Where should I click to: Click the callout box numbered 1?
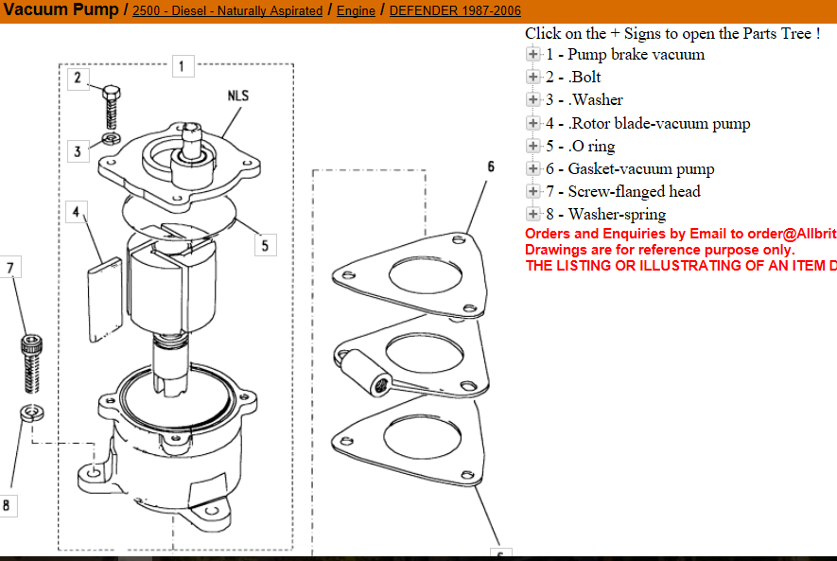point(183,66)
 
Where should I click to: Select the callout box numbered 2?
point(79,78)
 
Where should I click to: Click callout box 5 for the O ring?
point(265,245)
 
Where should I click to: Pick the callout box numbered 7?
point(10,269)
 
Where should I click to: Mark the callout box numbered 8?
point(8,506)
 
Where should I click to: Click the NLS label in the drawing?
point(238,96)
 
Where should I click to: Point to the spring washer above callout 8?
point(30,413)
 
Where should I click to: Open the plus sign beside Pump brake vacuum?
point(533,55)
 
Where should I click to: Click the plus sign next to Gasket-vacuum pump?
point(533,169)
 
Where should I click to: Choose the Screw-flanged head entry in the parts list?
point(634,192)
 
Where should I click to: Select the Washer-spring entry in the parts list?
point(617,215)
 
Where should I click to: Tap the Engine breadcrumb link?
point(356,11)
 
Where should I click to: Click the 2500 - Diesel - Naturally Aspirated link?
point(227,11)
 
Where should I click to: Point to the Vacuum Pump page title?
point(60,10)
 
